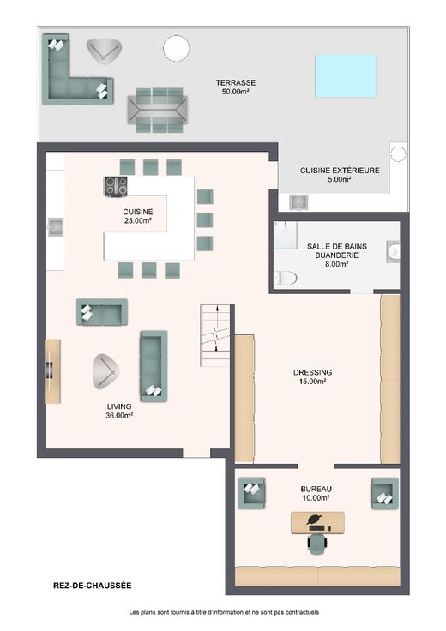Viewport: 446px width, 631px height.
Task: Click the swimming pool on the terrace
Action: (x=346, y=76)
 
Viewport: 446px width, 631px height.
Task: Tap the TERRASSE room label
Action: (x=236, y=82)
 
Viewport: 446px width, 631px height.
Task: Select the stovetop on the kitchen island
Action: (x=116, y=187)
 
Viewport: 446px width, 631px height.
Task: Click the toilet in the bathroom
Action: (x=286, y=278)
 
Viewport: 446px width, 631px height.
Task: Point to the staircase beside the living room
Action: (x=215, y=335)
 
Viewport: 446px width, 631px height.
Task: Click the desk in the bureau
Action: (x=317, y=523)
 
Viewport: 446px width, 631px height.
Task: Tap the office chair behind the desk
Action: (x=318, y=544)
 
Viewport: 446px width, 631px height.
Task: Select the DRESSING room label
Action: (x=313, y=372)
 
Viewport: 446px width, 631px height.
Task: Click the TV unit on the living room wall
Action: (x=53, y=370)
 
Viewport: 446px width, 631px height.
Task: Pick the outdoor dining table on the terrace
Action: (x=158, y=111)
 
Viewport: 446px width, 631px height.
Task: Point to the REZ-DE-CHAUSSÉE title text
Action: (x=92, y=586)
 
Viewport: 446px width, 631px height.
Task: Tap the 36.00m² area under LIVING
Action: (x=119, y=416)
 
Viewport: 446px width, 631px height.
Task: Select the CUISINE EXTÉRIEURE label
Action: (x=340, y=171)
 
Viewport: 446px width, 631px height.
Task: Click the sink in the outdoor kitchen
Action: (x=299, y=202)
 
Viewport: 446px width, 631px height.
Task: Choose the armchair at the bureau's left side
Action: (x=251, y=493)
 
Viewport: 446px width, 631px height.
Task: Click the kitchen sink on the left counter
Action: (x=56, y=227)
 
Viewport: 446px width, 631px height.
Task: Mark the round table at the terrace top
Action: (x=176, y=48)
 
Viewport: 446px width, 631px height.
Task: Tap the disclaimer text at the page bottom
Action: (x=224, y=612)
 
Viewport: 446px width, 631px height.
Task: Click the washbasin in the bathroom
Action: (x=394, y=252)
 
